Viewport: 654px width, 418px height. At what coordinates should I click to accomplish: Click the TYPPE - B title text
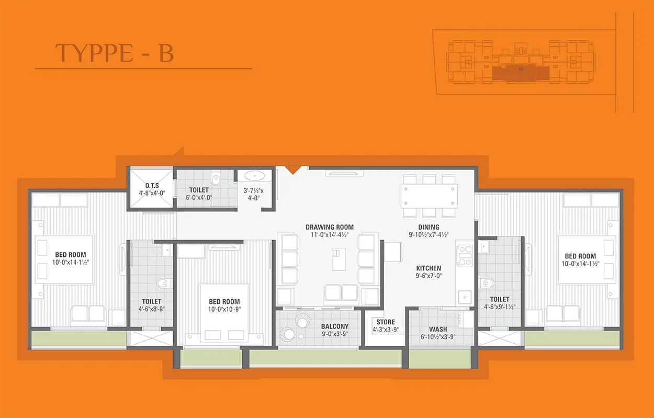click(x=115, y=53)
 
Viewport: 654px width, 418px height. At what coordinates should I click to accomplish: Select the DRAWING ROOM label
click(x=330, y=227)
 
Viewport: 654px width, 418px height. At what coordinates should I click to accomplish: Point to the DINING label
click(x=429, y=227)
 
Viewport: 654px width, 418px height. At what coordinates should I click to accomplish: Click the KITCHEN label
click(x=429, y=268)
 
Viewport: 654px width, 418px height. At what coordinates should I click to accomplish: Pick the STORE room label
click(x=386, y=322)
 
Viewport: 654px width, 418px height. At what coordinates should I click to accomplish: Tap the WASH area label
click(x=438, y=330)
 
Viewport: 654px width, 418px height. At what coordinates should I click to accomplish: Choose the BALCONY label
click(x=335, y=326)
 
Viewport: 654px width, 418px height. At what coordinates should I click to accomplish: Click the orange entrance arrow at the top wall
click(x=293, y=170)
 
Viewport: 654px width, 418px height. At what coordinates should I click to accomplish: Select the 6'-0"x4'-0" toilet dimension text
click(x=199, y=198)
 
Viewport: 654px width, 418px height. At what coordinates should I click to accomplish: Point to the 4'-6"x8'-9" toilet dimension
click(x=151, y=309)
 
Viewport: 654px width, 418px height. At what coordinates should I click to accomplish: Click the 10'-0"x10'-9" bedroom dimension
click(x=224, y=309)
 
